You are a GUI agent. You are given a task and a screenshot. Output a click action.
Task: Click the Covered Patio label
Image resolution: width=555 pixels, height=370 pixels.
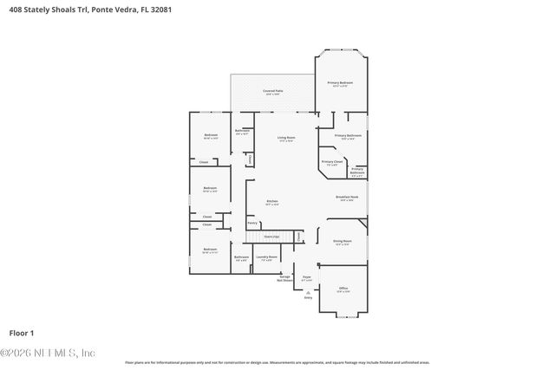(272, 91)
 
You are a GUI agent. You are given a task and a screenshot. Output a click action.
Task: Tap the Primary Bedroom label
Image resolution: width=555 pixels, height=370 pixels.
(339, 83)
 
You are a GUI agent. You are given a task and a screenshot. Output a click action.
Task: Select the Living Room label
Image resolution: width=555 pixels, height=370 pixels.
(286, 138)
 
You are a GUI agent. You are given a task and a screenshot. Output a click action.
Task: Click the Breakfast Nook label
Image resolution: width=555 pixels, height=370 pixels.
(347, 198)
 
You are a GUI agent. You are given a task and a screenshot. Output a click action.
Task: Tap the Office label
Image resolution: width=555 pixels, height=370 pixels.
(343, 289)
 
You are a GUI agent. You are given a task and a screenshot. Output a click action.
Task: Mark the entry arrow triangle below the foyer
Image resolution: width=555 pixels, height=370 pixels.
(308, 292)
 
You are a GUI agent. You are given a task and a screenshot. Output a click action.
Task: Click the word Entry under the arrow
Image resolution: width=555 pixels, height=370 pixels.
(308, 298)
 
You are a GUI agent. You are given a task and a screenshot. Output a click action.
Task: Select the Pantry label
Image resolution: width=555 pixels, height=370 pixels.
(252, 223)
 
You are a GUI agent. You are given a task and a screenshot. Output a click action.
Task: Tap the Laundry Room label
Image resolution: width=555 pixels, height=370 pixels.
(266, 257)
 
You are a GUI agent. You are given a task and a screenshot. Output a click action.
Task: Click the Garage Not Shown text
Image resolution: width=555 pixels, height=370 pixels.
(284, 278)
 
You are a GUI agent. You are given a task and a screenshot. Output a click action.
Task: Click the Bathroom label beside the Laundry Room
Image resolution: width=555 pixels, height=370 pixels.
(241, 257)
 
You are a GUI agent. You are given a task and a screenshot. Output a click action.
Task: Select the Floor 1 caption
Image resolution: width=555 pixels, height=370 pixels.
(21, 332)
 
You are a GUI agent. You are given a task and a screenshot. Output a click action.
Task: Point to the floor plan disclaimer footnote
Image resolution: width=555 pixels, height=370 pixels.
(277, 362)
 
